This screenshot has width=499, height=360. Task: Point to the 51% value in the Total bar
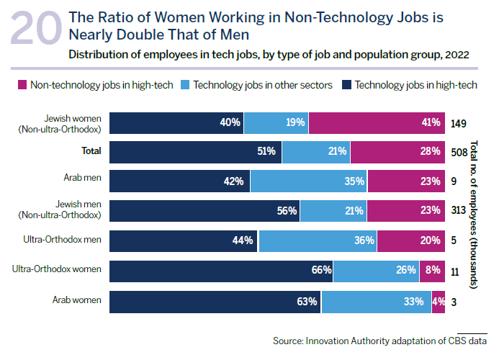pyautogui.click(x=266, y=151)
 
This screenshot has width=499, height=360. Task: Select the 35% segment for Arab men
pyautogui.click(x=309, y=181)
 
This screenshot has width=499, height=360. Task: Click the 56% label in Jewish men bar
pyautogui.click(x=287, y=210)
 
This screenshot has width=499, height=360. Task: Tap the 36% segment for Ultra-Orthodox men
pyautogui.click(x=318, y=240)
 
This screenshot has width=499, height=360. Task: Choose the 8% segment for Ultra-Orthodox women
pyautogui.click(x=433, y=270)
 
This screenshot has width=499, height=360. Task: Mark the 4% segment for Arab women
pyautogui.click(x=439, y=301)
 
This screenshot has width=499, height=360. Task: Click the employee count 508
pyautogui.click(x=459, y=151)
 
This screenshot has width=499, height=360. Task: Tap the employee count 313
pyautogui.click(x=459, y=210)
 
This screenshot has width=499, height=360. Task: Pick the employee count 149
pyautogui.click(x=459, y=123)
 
